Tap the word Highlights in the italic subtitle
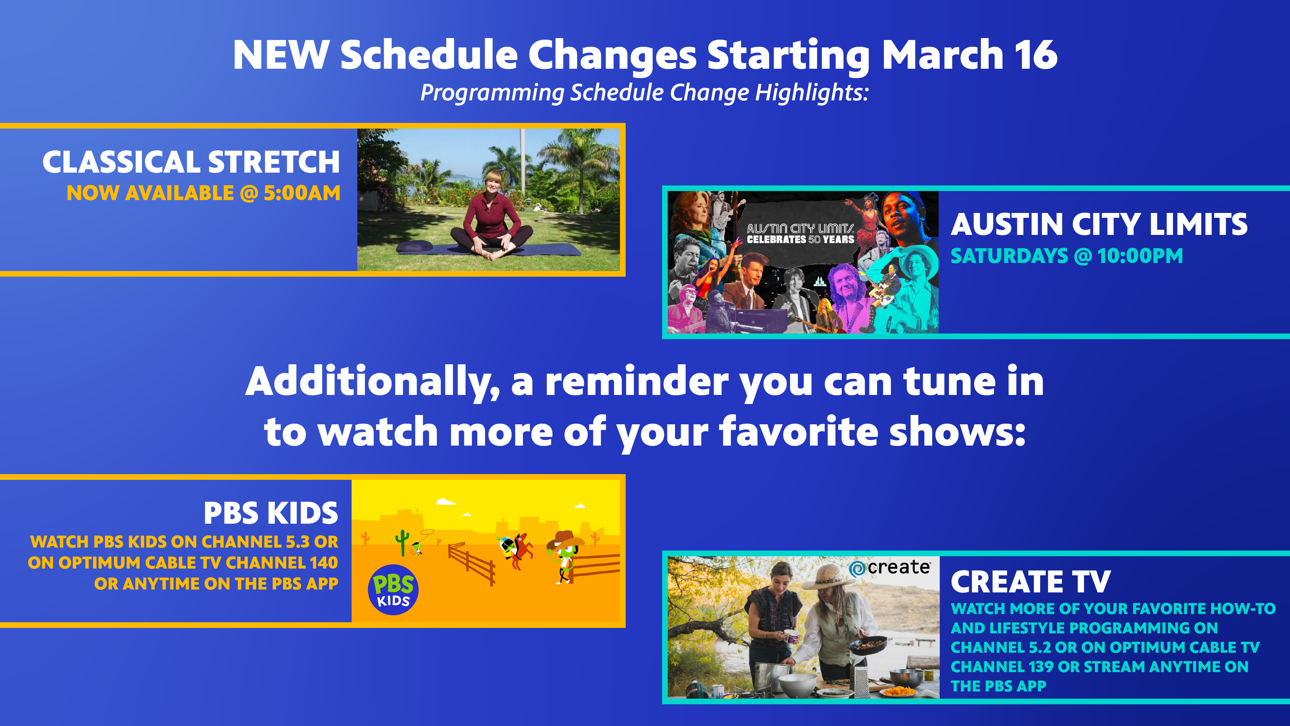[x=811, y=93]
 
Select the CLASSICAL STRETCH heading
[x=191, y=162]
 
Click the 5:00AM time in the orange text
[x=302, y=193]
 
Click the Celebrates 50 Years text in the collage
[x=800, y=239]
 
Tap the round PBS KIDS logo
[x=393, y=590]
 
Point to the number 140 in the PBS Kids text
[x=323, y=563]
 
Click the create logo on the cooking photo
[x=890, y=568]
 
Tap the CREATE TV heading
[x=1031, y=582]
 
